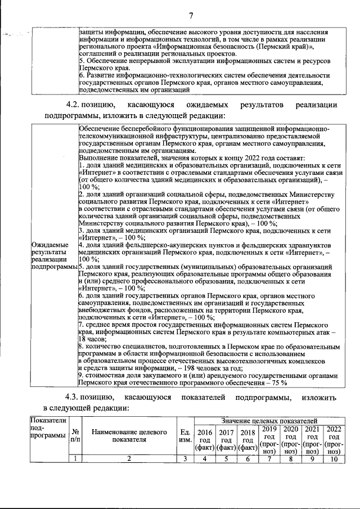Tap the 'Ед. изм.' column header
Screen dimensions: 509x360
[184, 436]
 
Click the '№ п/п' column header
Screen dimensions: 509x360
[74, 436]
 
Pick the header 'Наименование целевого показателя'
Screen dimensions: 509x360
[129, 436]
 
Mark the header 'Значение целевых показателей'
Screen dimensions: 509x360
[269, 420]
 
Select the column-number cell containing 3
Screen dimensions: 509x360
[184, 459]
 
